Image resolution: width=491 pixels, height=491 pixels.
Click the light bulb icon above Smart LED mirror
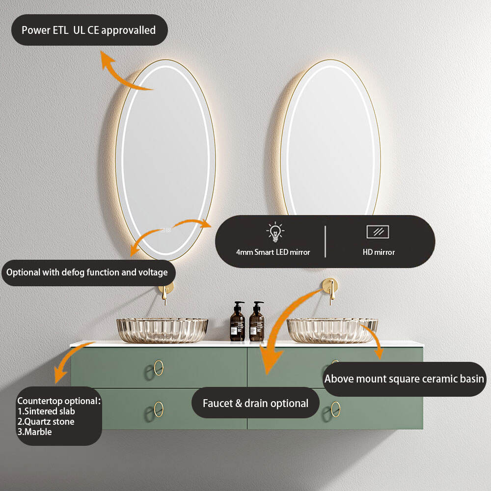[x=275, y=231]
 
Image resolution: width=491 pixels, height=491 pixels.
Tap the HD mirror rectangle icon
[x=378, y=232]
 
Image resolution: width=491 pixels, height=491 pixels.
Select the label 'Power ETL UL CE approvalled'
[x=89, y=30]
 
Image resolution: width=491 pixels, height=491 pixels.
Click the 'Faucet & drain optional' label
[x=255, y=404]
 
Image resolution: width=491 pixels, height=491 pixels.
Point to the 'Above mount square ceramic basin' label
[x=404, y=379]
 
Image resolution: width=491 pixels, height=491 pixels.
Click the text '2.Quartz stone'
[x=46, y=421]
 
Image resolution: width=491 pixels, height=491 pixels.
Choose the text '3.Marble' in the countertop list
[x=34, y=432]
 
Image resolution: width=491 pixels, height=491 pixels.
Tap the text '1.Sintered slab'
[x=46, y=411]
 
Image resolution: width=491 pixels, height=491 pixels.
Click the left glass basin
[x=162, y=330]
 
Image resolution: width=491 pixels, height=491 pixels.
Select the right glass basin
[x=332, y=330]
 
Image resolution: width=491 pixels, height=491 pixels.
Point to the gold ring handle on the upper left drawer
[x=159, y=368]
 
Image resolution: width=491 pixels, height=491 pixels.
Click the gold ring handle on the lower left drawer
[x=159, y=409]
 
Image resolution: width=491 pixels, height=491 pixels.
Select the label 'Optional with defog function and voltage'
[x=87, y=272]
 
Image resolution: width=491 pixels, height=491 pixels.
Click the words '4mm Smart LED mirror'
[x=273, y=252]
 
